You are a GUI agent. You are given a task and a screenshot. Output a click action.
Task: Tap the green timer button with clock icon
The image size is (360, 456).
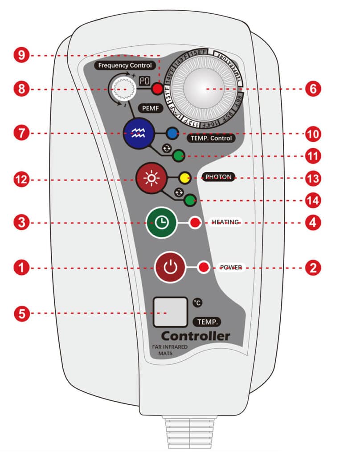tap(161, 223)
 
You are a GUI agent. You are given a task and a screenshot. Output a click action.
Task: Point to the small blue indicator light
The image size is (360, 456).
tap(172, 133)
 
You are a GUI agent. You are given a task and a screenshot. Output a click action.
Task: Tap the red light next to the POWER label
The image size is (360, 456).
tap(204, 268)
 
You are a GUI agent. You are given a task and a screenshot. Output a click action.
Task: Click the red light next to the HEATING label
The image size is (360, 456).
tap(195, 223)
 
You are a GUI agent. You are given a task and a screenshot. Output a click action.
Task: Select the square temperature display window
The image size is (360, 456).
tap(170, 312)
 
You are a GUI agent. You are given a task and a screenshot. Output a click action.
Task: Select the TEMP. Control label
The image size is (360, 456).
tap(211, 138)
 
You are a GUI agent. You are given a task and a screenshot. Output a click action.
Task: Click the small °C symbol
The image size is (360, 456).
tap(197, 302)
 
